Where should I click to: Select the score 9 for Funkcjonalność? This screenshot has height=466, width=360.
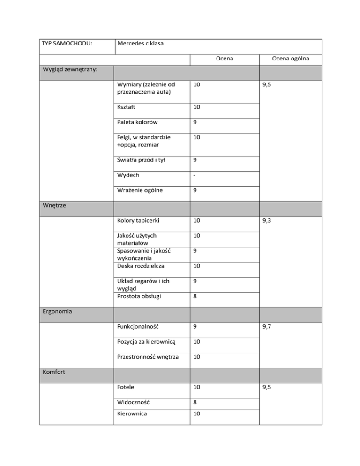pyautogui.click(x=195, y=326)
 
